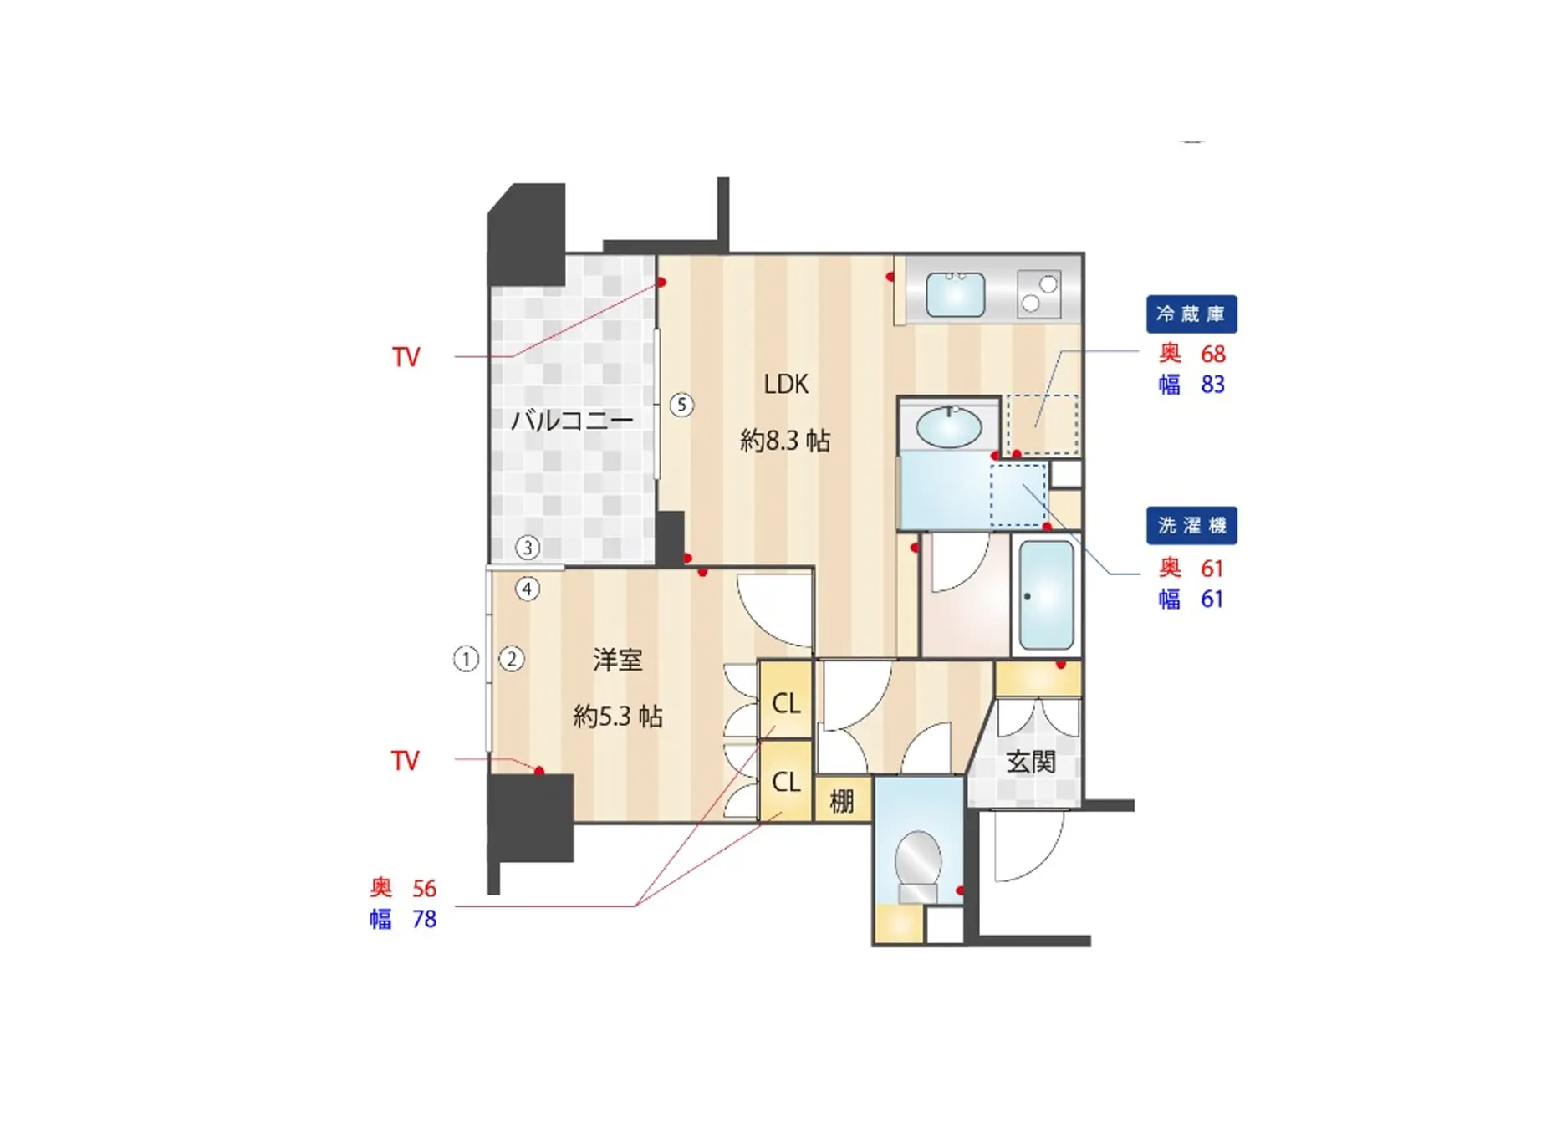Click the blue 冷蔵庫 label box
click(1191, 314)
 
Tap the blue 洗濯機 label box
click(1191, 525)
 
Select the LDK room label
click(786, 384)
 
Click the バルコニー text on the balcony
click(572, 419)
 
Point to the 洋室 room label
click(617, 660)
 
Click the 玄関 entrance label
click(1030, 762)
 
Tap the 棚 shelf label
click(841, 801)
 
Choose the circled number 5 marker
click(681, 406)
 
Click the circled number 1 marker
click(466, 659)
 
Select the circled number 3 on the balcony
click(527, 548)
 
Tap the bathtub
click(1046, 594)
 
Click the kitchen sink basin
click(956, 293)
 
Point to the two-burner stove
click(1038, 293)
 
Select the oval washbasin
click(949, 427)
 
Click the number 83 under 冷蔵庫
click(1212, 385)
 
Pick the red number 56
click(424, 888)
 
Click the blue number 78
click(424, 919)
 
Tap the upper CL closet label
click(786, 703)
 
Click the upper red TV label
click(406, 357)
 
